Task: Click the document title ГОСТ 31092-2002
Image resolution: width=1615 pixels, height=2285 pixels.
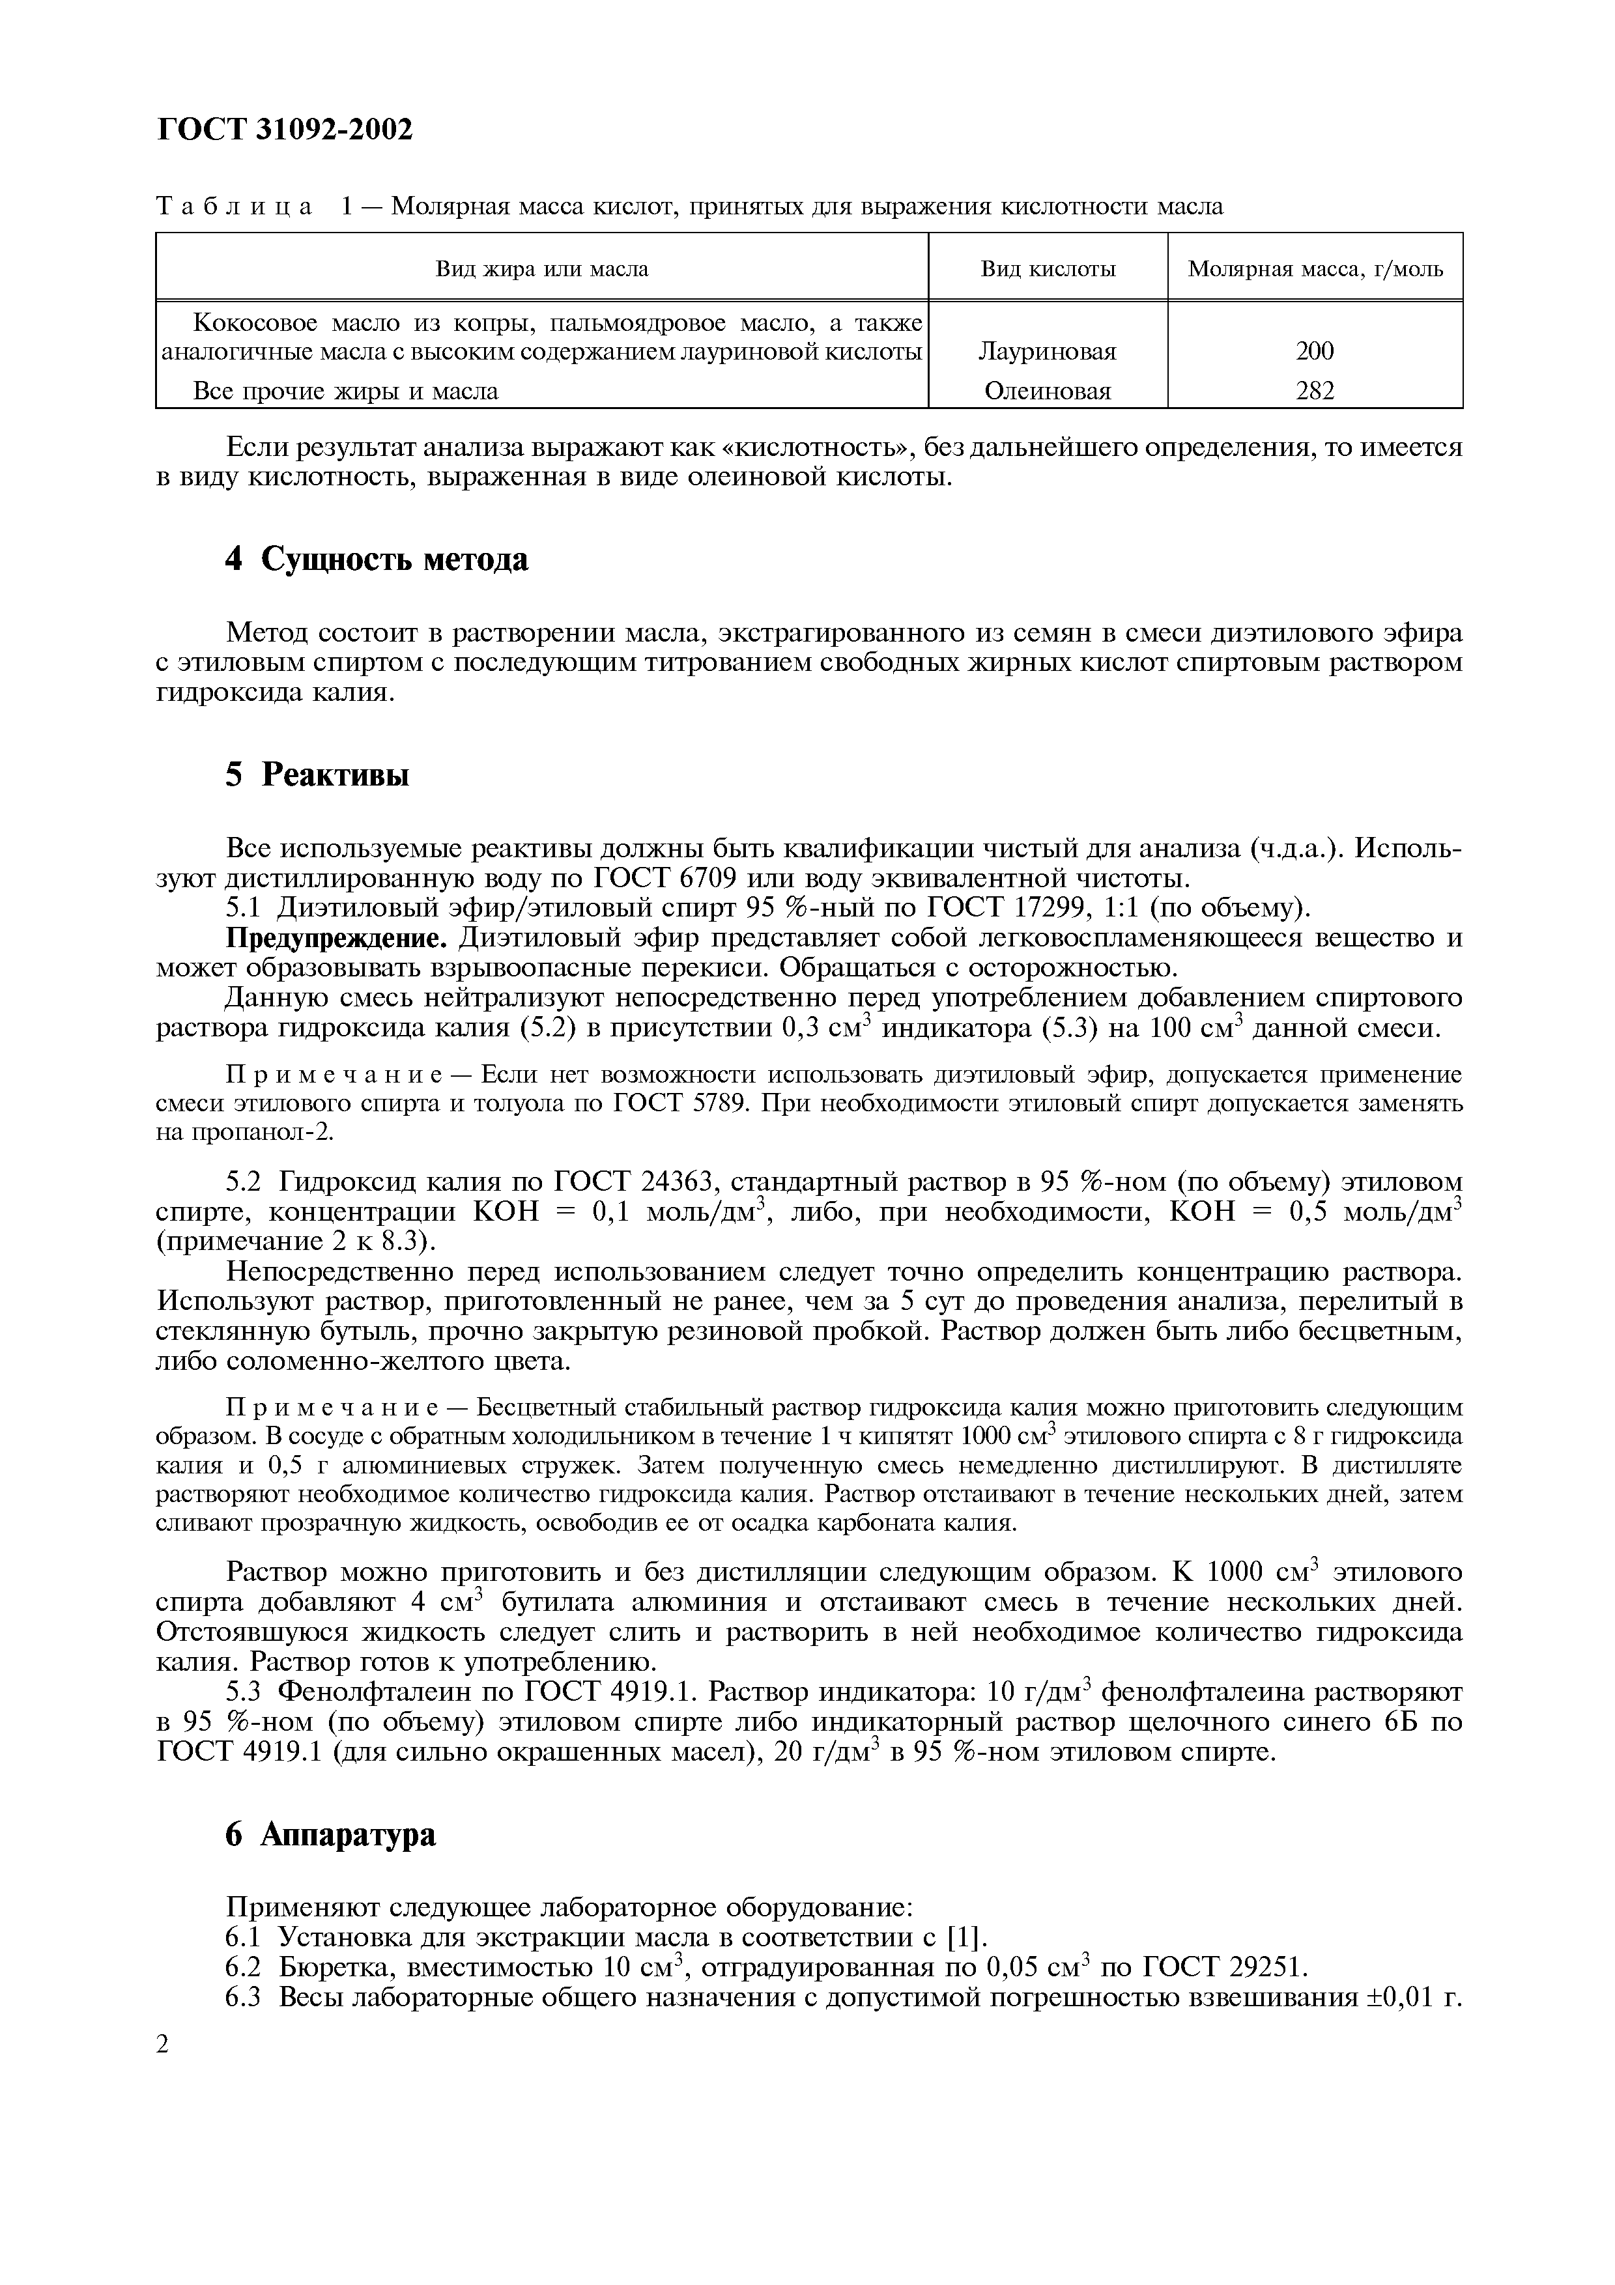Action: pos(285,128)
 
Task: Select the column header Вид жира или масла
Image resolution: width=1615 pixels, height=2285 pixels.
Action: pos(541,269)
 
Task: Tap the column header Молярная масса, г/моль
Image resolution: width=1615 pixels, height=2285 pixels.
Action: pos(1315,269)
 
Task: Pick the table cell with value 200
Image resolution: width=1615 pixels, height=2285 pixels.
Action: pos(1315,351)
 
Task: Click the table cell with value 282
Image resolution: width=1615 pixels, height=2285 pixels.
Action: pos(1315,391)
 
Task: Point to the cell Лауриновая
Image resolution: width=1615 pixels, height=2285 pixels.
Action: pos(1047,351)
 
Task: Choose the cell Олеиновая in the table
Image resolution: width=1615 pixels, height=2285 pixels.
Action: pos(1047,391)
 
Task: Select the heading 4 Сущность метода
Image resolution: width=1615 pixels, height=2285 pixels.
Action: pos(376,560)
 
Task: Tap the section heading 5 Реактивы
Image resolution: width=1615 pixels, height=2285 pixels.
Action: pos(317,775)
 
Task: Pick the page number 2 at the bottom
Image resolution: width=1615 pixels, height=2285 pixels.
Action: pos(163,2044)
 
